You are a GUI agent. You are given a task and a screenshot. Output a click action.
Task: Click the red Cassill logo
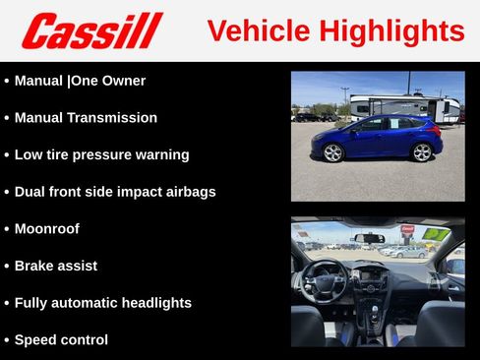[x=91, y=30]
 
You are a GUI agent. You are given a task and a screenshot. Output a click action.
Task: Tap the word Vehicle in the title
[x=258, y=30]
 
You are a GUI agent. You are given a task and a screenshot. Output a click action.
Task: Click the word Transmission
[x=112, y=118]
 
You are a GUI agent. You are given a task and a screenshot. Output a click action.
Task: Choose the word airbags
[x=189, y=192]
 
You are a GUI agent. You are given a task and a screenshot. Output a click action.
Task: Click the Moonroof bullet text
[x=47, y=229]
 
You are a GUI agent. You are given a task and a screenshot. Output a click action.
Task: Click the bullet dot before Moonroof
[x=7, y=229]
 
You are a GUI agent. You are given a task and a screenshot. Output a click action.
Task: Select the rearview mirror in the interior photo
[x=370, y=237]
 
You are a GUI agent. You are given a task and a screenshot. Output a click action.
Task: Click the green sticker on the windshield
[x=436, y=234]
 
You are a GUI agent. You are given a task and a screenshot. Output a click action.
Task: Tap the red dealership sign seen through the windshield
[x=406, y=229]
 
